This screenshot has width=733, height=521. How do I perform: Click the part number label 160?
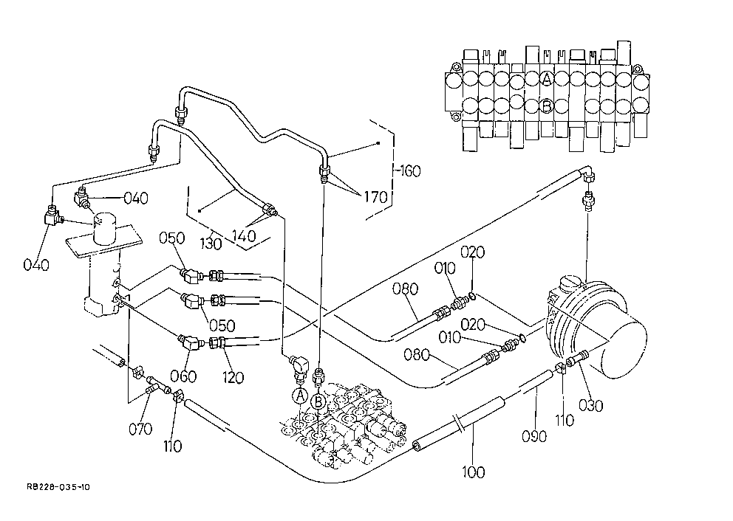click(x=410, y=171)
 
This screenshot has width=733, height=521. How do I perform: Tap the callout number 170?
click(x=376, y=197)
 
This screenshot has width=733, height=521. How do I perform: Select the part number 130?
click(x=211, y=244)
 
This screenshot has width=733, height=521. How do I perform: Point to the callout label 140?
click(x=244, y=235)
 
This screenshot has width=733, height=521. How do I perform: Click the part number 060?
click(x=183, y=376)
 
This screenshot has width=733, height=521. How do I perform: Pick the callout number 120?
click(x=233, y=377)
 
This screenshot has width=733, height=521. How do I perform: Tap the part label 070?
click(x=140, y=429)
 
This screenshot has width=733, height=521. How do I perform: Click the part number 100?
click(x=473, y=472)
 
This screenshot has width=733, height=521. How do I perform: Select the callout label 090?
click(x=533, y=436)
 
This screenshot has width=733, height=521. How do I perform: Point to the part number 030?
click(x=591, y=405)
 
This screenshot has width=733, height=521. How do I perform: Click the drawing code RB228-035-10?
click(x=58, y=487)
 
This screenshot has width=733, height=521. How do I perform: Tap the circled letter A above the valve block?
click(x=300, y=396)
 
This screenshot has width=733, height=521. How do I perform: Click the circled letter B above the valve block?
click(x=318, y=401)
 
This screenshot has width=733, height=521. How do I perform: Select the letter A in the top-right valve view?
click(x=547, y=79)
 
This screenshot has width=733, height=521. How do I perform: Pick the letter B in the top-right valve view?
click(x=546, y=107)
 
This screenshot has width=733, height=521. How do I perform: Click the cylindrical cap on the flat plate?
click(x=107, y=230)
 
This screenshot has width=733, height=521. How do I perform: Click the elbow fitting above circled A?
click(x=299, y=365)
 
